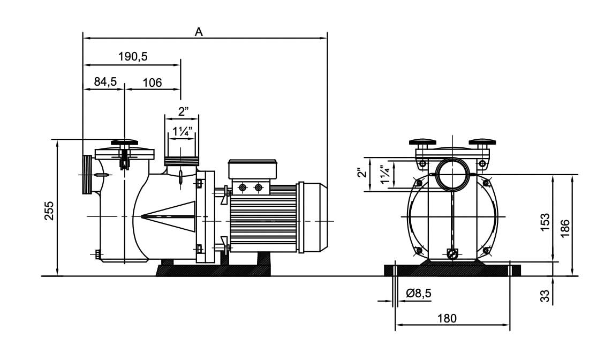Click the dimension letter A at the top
tap(199, 32)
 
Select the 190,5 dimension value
tap(132, 57)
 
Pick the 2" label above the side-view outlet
tap(183, 112)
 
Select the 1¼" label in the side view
tap(182, 131)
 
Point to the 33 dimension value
tap(545, 295)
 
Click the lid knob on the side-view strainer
tap(125, 143)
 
